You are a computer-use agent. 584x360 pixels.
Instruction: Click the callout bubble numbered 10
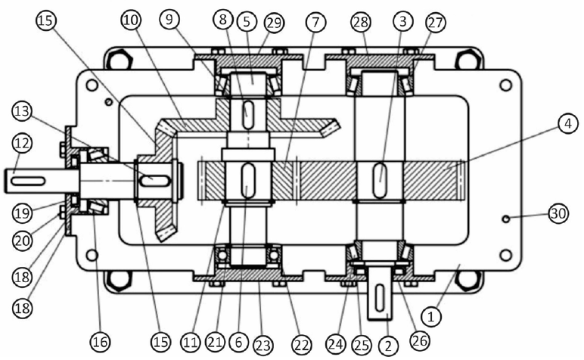131,20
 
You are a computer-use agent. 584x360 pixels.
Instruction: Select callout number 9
169,20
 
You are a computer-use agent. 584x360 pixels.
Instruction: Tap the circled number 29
274,23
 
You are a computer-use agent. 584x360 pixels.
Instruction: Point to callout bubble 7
315,23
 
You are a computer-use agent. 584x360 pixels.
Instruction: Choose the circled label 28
361,22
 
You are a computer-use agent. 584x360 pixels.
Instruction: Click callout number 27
436,23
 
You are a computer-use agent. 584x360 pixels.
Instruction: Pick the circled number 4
568,123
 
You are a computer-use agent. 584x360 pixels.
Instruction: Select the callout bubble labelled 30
558,214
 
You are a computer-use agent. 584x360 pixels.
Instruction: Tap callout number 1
431,317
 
